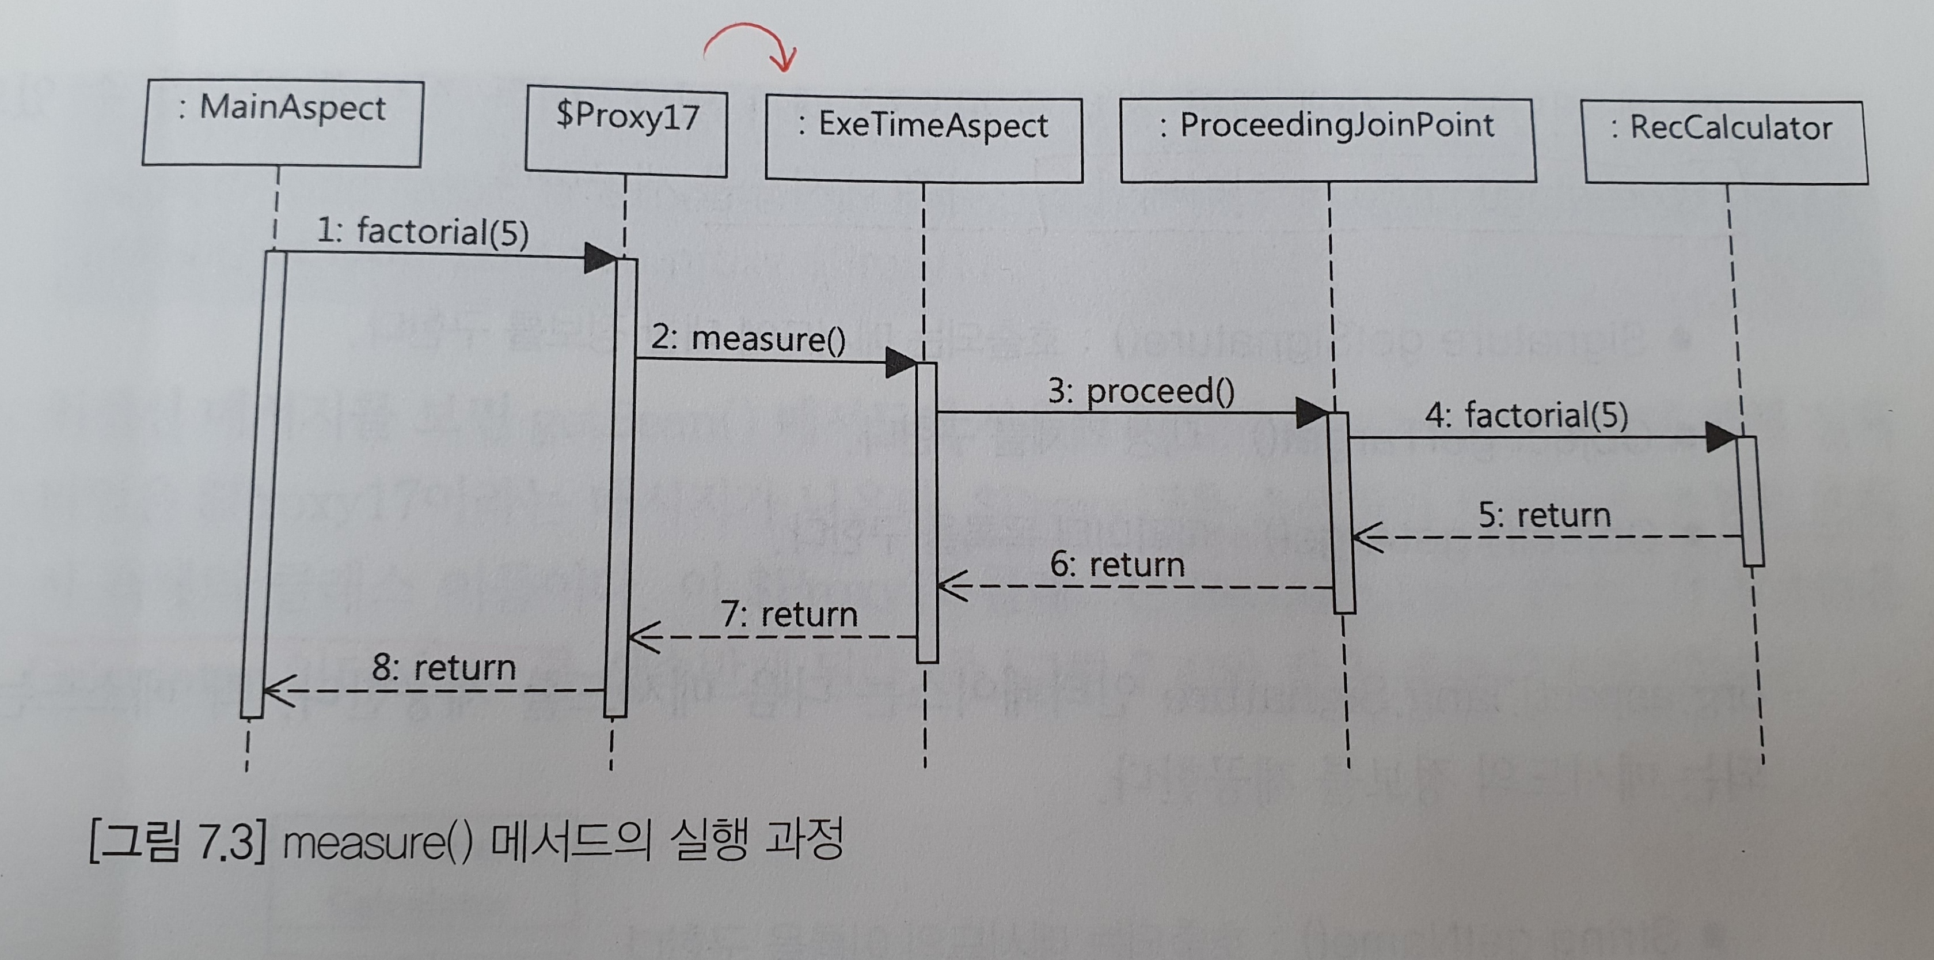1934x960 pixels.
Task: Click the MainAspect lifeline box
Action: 283,124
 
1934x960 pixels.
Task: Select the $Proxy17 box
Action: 626,131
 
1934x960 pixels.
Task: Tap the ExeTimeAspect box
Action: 924,139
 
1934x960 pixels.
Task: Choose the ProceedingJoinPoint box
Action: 1327,139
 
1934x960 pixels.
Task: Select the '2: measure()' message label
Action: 748,339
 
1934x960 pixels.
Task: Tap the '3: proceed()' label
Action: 1141,391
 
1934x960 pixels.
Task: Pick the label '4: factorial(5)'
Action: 1526,415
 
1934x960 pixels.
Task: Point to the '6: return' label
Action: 1117,565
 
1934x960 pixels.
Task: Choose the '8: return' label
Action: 444,668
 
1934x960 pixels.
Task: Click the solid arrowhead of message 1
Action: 600,258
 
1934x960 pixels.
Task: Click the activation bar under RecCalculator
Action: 1751,500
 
